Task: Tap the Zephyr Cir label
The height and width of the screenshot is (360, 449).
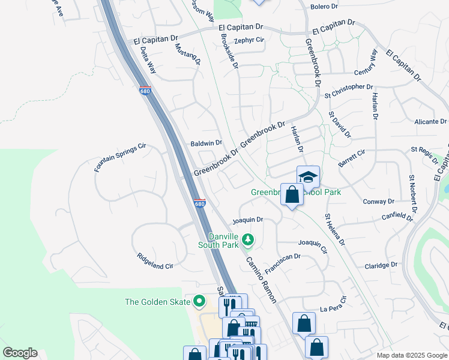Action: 249,40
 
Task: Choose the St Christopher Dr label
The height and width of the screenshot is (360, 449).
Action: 352,91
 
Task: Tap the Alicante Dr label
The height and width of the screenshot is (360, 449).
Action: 430,121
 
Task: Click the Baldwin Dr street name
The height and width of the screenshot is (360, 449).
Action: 206,143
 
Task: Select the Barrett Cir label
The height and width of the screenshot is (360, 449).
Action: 352,158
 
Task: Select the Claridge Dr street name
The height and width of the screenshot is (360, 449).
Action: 381,265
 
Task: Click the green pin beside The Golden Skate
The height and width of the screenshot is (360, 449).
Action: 200,302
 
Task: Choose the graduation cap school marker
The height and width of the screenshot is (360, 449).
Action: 308,176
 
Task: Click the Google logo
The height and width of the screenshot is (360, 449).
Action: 20,353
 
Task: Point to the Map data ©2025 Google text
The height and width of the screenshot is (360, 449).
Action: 411,355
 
